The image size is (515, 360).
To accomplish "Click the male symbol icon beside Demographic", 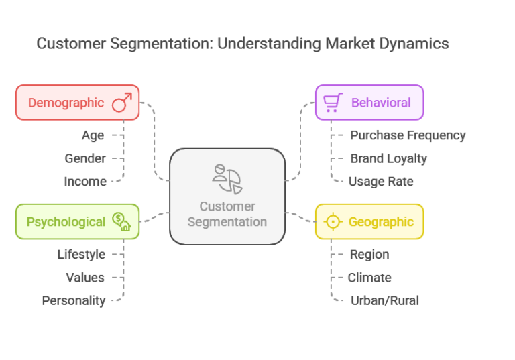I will click(x=122, y=103).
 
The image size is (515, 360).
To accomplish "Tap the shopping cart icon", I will click(x=332, y=103).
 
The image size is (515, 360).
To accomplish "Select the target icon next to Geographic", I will click(x=332, y=222).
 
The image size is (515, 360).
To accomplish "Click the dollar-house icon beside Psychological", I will click(x=121, y=222).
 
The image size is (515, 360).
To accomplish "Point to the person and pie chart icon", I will click(x=227, y=178).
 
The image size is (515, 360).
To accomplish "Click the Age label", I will click(x=93, y=135).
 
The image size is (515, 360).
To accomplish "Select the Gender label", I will click(x=85, y=158).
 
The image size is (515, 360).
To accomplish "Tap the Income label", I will click(x=85, y=182).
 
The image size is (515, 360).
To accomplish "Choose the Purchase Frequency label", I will click(x=408, y=135).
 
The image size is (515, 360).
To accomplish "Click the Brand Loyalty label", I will click(x=388, y=158).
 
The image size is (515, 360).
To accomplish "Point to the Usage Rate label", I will click(x=381, y=182).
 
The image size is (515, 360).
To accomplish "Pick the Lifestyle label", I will click(x=81, y=255).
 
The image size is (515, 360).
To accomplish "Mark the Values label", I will click(x=85, y=278).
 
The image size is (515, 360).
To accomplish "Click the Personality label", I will click(x=74, y=301).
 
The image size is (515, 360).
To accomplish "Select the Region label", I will click(x=369, y=255).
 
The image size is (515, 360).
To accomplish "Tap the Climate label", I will click(x=369, y=278).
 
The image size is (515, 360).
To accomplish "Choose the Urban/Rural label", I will click(x=384, y=301).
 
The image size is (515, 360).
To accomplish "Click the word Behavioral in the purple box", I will click(x=381, y=103).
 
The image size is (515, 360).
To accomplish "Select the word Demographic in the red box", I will click(x=66, y=103).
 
